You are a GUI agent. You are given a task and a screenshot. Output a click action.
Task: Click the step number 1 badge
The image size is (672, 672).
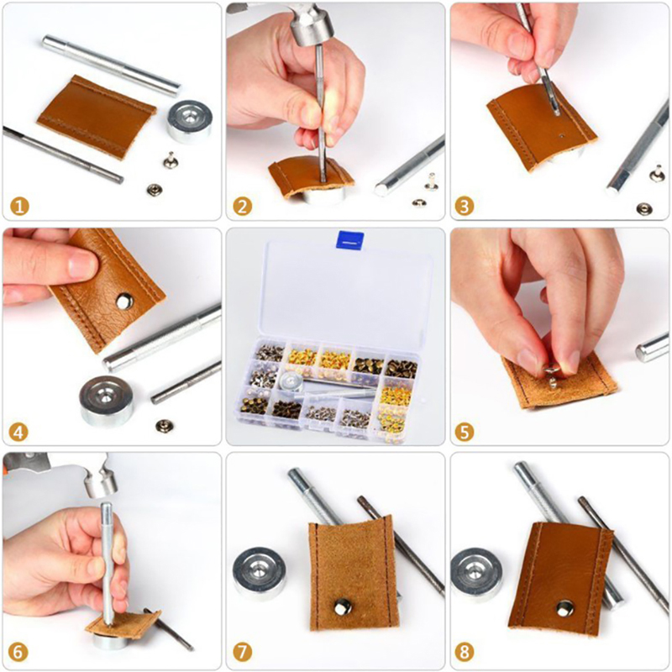[19, 207]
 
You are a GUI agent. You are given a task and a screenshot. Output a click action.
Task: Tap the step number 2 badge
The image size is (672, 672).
[243, 207]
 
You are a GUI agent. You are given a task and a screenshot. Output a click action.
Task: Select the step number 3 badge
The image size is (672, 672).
[465, 207]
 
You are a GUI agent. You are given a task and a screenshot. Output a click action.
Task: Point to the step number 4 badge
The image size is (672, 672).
[18, 432]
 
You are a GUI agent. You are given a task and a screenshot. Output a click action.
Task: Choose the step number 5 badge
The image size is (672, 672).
[465, 432]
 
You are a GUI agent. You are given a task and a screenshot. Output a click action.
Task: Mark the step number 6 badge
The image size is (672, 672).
[18, 653]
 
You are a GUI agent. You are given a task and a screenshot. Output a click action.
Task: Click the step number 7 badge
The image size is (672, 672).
[243, 653]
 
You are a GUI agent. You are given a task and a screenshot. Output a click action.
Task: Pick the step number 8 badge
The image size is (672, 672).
[465, 653]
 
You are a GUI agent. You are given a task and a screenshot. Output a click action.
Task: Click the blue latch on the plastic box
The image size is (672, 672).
[350, 239]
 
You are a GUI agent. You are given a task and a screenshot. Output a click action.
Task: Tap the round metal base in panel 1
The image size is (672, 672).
[189, 121]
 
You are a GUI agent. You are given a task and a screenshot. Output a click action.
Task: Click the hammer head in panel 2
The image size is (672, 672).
[312, 26]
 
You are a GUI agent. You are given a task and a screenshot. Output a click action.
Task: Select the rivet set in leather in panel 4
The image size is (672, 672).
[124, 301]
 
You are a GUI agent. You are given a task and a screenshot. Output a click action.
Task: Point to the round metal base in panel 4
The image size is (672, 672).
[107, 401]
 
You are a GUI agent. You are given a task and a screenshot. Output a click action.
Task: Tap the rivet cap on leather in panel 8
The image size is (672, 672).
[565, 608]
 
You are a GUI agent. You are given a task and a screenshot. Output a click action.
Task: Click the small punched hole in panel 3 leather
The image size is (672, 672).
[561, 136]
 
